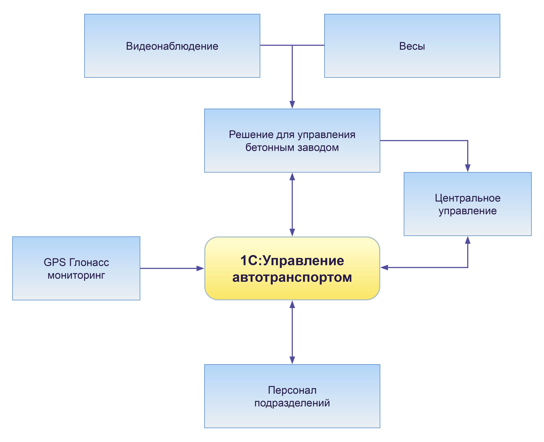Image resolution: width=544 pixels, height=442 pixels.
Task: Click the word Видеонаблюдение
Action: click(x=172, y=46)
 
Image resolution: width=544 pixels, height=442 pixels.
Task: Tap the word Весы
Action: click(x=412, y=46)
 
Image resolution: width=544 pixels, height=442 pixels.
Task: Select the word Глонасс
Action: click(x=89, y=262)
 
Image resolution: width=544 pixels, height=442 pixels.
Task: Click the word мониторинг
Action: click(x=76, y=275)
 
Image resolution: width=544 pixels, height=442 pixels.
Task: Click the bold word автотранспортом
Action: click(x=292, y=277)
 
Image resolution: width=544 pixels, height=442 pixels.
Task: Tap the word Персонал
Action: click(x=292, y=390)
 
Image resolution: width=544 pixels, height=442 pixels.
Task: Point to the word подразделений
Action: click(x=292, y=403)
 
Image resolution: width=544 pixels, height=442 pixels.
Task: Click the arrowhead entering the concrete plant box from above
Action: click(x=292, y=105)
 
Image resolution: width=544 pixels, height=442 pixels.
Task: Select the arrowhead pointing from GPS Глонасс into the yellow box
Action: click(x=200, y=268)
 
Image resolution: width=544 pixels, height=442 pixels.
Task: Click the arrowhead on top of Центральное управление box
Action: click(x=468, y=168)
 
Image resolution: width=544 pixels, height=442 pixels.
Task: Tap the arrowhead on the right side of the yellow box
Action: click(x=384, y=267)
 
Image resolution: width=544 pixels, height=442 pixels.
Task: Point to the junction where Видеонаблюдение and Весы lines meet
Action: click(x=292, y=45)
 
